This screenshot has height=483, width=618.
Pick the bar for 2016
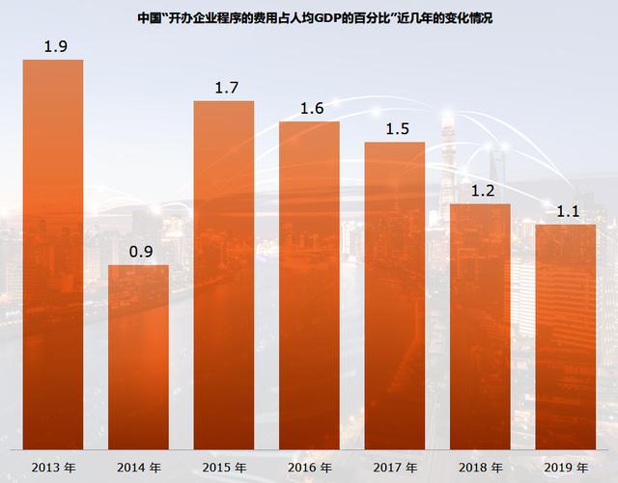click(x=309, y=285)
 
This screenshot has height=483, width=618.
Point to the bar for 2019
click(x=565, y=336)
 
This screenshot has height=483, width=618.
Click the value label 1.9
click(x=53, y=46)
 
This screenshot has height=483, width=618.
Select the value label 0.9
click(x=138, y=252)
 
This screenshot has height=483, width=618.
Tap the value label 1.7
click(x=224, y=88)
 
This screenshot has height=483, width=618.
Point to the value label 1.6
click(x=309, y=108)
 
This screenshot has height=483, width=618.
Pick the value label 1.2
click(x=480, y=190)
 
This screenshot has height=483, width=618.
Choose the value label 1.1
click(x=565, y=211)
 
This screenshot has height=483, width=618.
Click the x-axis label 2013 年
click(x=53, y=468)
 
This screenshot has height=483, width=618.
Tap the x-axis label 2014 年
click(x=138, y=468)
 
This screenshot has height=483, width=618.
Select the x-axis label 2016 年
click(x=309, y=468)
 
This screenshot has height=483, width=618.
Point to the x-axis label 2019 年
click(x=565, y=468)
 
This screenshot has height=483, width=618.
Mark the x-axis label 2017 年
click(x=394, y=468)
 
